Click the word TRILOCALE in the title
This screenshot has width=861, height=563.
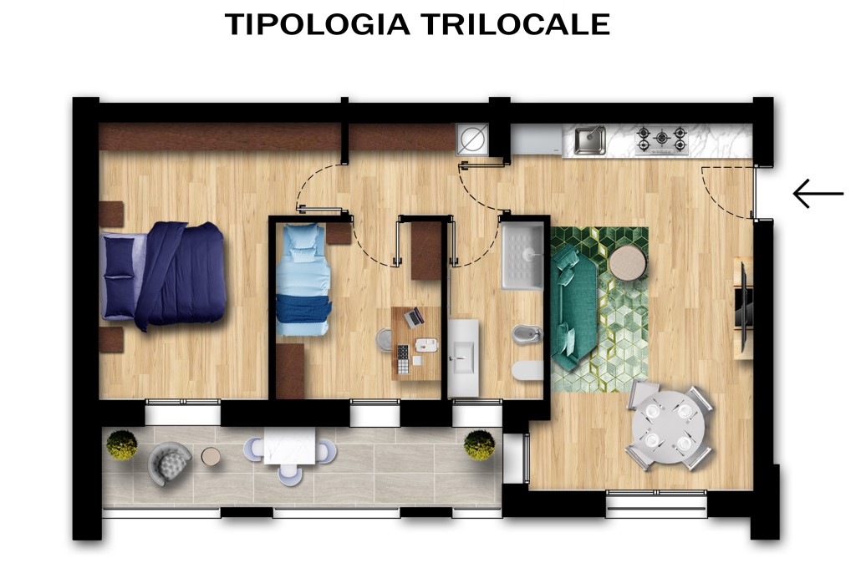[514, 24]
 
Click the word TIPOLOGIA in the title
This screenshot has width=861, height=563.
[318, 24]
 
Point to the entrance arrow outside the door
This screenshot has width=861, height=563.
[818, 194]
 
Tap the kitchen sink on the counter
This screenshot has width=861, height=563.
[589, 139]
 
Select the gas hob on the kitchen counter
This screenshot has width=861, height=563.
[660, 139]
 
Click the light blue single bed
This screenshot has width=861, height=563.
[302, 279]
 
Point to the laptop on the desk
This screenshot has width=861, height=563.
[414, 317]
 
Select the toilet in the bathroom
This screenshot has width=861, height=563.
[527, 371]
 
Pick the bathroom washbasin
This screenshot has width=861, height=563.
[462, 358]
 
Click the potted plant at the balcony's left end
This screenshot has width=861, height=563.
[122, 444]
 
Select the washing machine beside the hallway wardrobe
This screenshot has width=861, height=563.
[471, 139]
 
